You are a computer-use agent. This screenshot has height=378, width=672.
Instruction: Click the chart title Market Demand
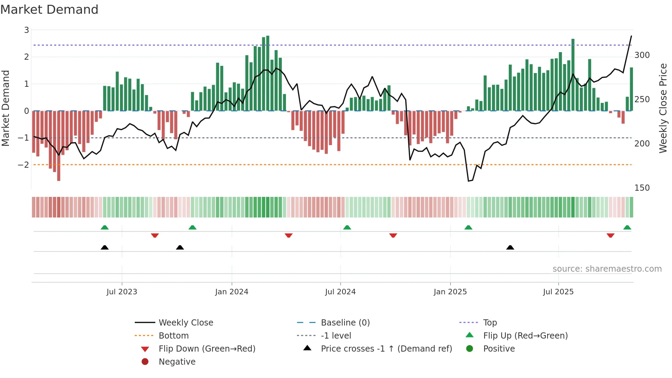point(49,9)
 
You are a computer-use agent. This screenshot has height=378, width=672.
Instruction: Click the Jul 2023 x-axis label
point(122,292)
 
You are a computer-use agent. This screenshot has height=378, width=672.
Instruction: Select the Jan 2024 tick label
point(231,292)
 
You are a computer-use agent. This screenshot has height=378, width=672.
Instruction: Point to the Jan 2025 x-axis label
point(450,292)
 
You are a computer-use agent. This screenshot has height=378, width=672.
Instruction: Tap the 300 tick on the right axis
point(642,55)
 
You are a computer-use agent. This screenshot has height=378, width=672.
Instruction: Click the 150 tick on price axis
point(642,188)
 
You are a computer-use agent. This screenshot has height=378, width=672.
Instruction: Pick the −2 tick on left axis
point(23,165)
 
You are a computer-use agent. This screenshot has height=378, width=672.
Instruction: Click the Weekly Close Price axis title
point(663,108)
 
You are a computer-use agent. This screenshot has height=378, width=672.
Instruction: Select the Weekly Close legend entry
point(185,322)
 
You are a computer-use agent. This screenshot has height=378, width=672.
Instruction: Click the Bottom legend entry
point(173,335)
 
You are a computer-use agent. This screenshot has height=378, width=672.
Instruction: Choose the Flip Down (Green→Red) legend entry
point(207,349)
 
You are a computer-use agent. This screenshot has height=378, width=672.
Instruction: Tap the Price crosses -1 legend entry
point(386,349)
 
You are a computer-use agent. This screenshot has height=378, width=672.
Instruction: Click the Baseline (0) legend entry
point(345,322)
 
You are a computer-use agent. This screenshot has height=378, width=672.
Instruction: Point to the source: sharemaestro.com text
point(607,269)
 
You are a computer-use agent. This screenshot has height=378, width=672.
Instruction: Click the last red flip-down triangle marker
point(610,235)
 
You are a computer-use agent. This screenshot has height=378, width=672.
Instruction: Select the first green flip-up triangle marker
point(105,227)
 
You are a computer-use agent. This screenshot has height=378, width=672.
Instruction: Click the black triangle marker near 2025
point(510,247)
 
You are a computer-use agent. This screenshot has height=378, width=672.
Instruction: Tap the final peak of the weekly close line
point(631,36)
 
